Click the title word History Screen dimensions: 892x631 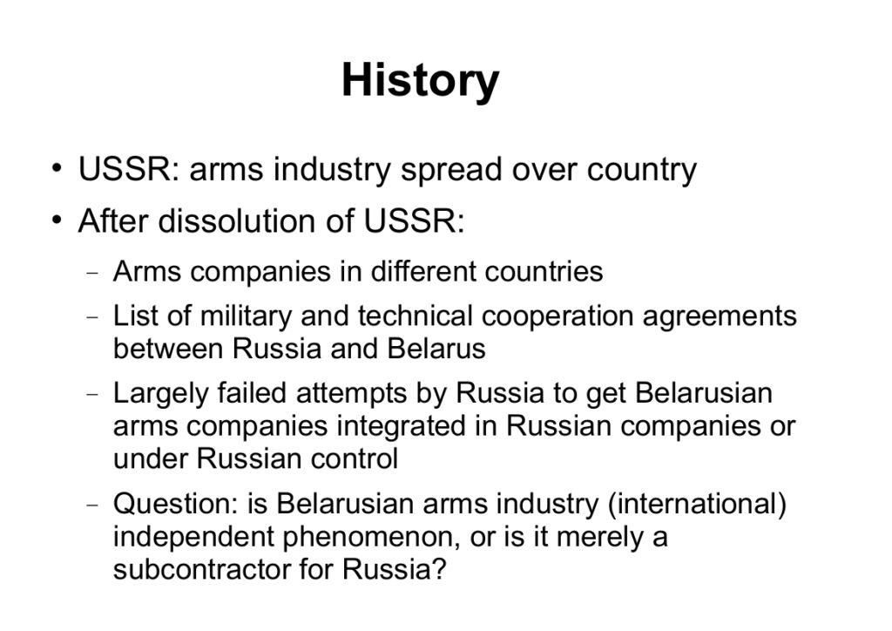click(421, 81)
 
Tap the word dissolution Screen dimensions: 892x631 click(237, 221)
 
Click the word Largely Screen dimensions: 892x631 click(161, 394)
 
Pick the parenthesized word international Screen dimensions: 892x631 click(697, 504)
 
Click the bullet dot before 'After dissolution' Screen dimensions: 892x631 click(56, 221)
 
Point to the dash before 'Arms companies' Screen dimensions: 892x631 click(92, 273)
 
